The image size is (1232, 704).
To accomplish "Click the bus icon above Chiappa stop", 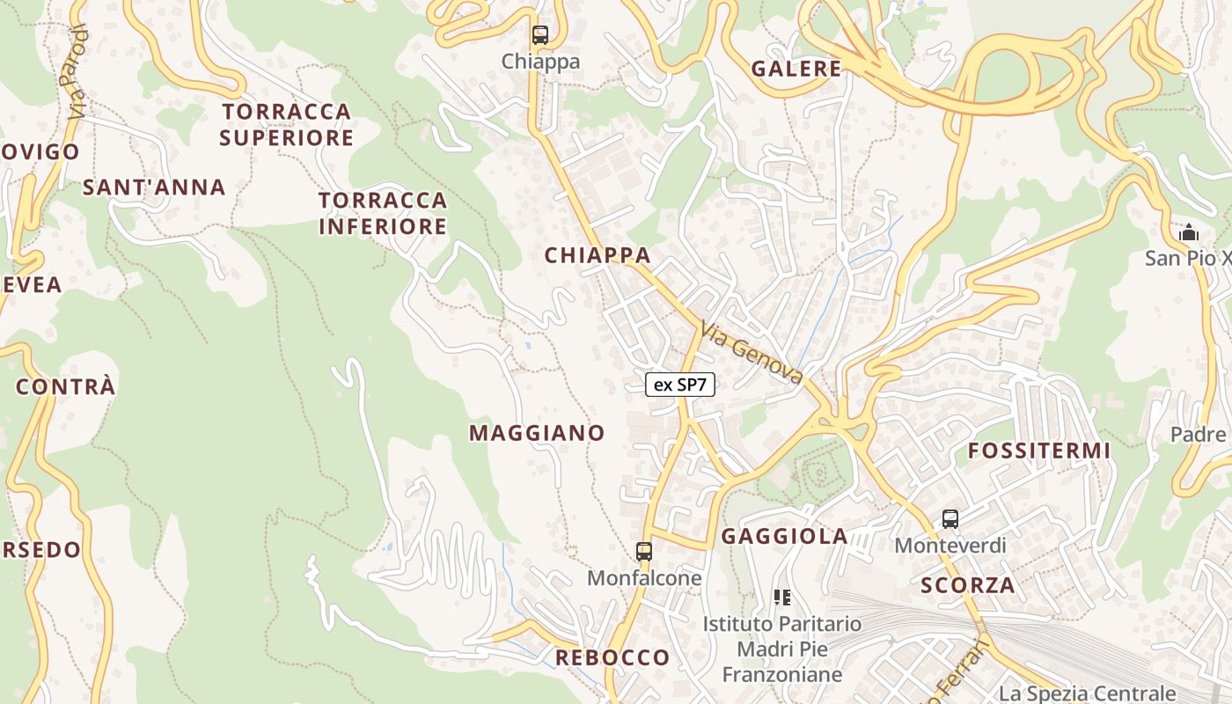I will (539, 35).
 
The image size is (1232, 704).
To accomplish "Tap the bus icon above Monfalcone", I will (644, 552).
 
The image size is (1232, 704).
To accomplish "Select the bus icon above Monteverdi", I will (950, 519).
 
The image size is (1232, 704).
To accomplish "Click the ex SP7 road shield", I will (680, 384).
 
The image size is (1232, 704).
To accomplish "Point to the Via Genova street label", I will (752, 353).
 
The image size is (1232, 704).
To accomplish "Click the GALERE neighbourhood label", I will (796, 69).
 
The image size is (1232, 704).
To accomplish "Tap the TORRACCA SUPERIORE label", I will (287, 125).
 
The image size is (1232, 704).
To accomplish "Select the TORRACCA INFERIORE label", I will (383, 214).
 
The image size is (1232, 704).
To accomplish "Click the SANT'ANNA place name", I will (154, 187).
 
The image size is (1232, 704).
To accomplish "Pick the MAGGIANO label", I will (537, 433).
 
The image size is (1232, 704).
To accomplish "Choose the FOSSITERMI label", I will (1039, 451).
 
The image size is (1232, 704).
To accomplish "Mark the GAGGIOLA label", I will (785, 537).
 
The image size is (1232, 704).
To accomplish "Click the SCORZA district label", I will (968, 585).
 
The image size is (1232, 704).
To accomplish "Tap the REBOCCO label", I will (612, 658).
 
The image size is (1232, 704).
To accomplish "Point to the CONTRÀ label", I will (66, 387).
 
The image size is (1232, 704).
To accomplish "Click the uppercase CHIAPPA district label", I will (598, 256).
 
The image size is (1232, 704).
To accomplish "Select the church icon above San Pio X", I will (1189, 233).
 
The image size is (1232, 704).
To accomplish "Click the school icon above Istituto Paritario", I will (782, 598).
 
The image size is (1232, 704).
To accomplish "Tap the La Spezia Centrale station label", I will (1088, 693).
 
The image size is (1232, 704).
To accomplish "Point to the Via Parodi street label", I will (76, 72).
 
